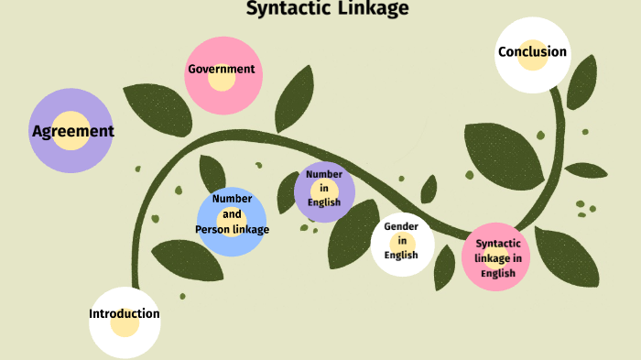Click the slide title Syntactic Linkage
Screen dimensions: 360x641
click(327, 9)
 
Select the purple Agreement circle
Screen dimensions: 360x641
click(71, 131)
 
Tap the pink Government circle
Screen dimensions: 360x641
click(221, 75)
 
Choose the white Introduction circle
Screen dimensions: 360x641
click(125, 321)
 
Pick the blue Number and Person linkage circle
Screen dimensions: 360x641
click(232, 220)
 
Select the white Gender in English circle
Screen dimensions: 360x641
click(402, 244)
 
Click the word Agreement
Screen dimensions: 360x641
click(72, 131)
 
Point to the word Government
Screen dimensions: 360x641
click(221, 69)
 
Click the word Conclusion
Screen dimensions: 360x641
click(532, 51)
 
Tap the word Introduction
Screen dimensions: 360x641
click(125, 313)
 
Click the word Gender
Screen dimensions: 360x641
click(401, 226)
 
